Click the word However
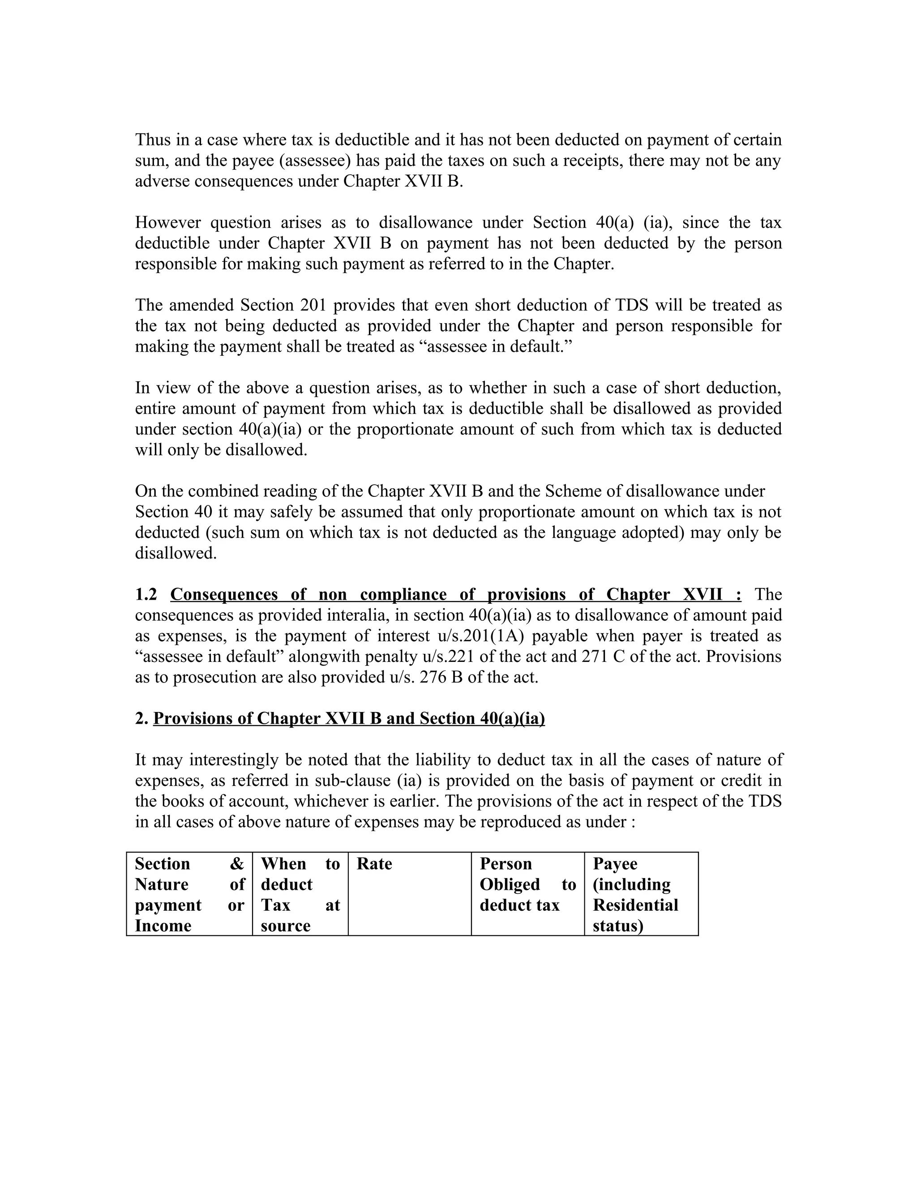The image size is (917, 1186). point(168,222)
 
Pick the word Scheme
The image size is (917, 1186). point(574,491)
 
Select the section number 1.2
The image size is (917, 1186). point(146,595)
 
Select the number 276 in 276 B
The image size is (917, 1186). point(433,678)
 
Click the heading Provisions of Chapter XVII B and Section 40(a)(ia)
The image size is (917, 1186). point(349,718)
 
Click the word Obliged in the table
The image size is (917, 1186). point(510,885)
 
